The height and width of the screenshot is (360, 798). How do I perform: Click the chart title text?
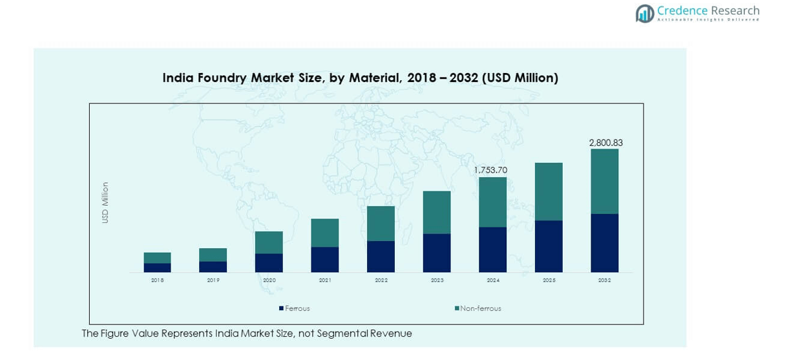[x=360, y=78]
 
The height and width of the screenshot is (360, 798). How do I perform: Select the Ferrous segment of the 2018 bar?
[x=157, y=268]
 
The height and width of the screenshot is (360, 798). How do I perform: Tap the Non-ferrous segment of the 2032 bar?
[x=604, y=182]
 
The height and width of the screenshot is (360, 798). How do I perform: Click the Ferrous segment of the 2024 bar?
[x=492, y=249]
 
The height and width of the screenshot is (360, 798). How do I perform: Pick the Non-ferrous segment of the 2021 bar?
[x=324, y=233]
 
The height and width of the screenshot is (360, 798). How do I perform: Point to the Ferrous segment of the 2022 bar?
[x=381, y=257]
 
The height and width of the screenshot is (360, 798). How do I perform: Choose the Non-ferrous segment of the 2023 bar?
[x=436, y=213]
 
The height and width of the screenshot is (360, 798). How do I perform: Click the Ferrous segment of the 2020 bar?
[x=269, y=262]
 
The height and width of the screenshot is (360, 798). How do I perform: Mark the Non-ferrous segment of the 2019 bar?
[x=213, y=255]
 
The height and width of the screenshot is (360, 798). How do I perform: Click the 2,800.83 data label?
[x=605, y=143]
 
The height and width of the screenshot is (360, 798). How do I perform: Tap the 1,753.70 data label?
[x=490, y=170]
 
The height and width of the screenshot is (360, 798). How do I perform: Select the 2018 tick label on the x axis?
[x=157, y=281]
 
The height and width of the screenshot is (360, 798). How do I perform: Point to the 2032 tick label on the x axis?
[x=604, y=281]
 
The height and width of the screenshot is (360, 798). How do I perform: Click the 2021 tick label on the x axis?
[x=324, y=281]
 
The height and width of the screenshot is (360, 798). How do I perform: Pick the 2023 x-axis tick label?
[x=436, y=281]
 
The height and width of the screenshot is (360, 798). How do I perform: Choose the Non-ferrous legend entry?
[x=478, y=309]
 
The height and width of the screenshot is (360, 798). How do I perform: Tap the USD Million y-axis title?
[x=105, y=203]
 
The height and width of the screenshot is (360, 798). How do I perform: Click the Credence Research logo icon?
[x=645, y=13]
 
